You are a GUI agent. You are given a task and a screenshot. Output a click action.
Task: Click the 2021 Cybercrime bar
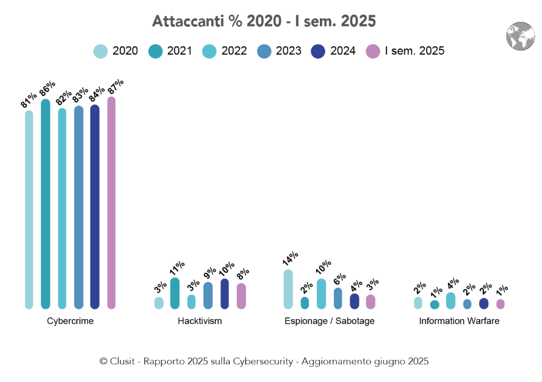click(x=45, y=204)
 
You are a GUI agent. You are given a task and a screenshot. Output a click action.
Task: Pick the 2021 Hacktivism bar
click(x=175, y=293)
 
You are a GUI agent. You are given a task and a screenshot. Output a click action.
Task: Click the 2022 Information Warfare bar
click(x=450, y=300)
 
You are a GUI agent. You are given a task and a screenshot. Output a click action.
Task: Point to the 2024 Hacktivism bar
click(x=225, y=294)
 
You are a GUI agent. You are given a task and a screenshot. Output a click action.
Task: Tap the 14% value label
click(x=290, y=259)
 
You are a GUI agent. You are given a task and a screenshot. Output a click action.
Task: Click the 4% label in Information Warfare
click(x=452, y=284)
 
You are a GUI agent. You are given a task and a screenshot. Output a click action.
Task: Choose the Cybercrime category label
click(x=70, y=321)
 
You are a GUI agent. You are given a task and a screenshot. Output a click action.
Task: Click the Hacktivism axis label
click(x=200, y=321)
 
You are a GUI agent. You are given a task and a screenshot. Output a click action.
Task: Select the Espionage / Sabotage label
click(x=330, y=321)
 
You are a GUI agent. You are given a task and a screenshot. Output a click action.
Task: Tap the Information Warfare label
click(x=459, y=321)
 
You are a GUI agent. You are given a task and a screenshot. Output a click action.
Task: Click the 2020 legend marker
click(x=101, y=51)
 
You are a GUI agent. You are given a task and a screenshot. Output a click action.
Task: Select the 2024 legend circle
click(x=319, y=51)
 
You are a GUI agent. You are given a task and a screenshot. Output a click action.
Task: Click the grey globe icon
click(x=520, y=36)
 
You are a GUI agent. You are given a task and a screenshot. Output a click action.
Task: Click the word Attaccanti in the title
click(x=182, y=21)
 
